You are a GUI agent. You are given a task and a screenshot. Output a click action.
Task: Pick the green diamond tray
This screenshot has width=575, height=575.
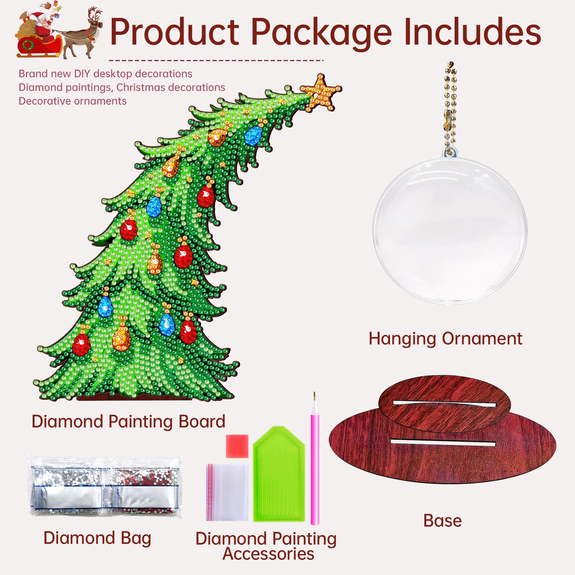(279, 476)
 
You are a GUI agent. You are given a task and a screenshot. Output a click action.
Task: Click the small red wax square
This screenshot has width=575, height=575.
(237, 446)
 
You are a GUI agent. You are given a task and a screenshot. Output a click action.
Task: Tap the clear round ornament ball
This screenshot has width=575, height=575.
(450, 231)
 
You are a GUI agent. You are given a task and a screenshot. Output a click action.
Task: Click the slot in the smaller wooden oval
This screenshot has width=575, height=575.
(444, 404)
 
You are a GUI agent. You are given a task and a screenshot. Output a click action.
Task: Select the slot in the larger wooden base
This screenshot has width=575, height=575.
(443, 442)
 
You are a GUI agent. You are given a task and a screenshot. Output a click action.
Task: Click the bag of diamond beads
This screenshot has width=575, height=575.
(104, 486)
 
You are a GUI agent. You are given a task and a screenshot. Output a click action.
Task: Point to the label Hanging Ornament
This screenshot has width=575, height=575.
(445, 339)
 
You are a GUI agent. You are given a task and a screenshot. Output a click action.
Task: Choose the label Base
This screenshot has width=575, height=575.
(442, 520)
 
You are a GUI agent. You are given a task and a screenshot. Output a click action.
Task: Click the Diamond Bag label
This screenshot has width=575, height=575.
(97, 538)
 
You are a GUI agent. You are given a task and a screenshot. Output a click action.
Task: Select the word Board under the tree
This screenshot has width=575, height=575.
(202, 422)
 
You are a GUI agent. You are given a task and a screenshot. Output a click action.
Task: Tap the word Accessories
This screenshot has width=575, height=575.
(268, 554)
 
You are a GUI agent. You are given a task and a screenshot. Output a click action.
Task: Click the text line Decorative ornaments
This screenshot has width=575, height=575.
(72, 101)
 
